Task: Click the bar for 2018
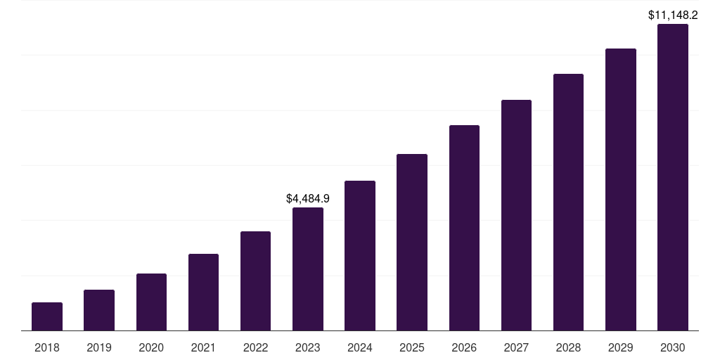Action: [47, 316]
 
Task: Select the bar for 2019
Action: [99, 310]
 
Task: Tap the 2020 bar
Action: [152, 302]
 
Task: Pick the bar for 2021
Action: [203, 292]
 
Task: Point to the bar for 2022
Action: [255, 281]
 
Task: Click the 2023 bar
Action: [308, 269]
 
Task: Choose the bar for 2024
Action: [360, 256]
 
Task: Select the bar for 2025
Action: [412, 243]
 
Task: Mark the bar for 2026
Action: [464, 228]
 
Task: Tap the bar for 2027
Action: [516, 215]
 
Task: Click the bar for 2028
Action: [568, 202]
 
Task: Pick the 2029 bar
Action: [621, 190]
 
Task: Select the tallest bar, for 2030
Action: [673, 177]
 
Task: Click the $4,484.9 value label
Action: [308, 199]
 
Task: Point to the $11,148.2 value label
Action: [673, 15]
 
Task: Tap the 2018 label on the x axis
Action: [47, 347]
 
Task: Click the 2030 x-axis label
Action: [673, 347]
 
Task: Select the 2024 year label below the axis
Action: [360, 347]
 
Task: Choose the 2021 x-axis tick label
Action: [203, 347]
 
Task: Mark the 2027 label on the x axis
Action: [516, 347]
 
